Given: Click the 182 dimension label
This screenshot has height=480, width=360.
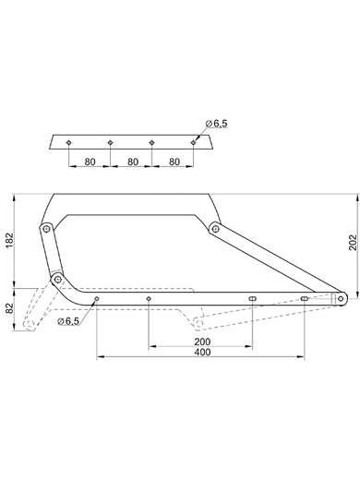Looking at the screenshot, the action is pos(9,241).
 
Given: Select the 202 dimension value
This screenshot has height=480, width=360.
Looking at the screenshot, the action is pos(353,243).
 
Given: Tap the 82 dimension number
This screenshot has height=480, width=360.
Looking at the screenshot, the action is pos(9,308).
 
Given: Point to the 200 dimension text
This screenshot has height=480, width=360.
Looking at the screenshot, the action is pos(202,342).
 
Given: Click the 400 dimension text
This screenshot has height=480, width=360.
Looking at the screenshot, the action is pos(202,352).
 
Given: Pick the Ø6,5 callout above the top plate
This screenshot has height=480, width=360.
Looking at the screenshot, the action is pos(216,124).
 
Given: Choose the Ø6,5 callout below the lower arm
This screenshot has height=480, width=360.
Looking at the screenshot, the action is pos(68,321).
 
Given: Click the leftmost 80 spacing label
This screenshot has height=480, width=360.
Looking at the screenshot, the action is pos(90,162).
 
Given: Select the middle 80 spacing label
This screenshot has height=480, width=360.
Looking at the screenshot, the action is pos(133,162).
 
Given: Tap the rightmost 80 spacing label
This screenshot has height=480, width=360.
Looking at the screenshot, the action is pos(174,162).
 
